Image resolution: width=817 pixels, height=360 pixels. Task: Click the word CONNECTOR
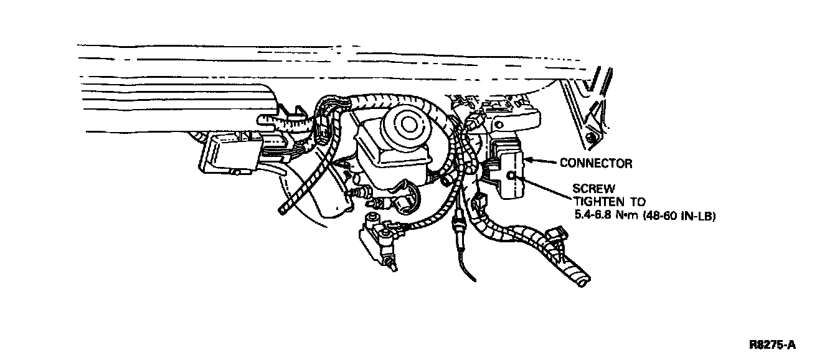(596, 164)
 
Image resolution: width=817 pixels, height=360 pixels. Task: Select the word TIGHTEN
(596, 202)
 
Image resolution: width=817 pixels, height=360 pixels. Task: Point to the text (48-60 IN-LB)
(684, 216)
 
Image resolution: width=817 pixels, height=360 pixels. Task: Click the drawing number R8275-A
(772, 344)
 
